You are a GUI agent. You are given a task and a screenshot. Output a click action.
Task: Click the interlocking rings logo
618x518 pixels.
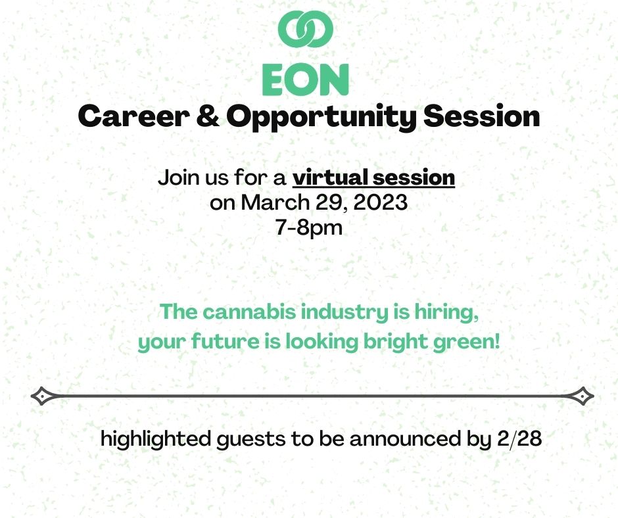pyautogui.click(x=306, y=29)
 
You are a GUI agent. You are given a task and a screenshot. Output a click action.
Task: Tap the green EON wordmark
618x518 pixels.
pyautogui.click(x=305, y=79)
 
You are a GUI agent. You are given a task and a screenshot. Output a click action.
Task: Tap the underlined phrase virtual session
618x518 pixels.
pyautogui.click(x=373, y=177)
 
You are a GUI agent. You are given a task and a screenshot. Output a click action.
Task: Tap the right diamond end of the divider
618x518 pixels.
pyautogui.click(x=582, y=396)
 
